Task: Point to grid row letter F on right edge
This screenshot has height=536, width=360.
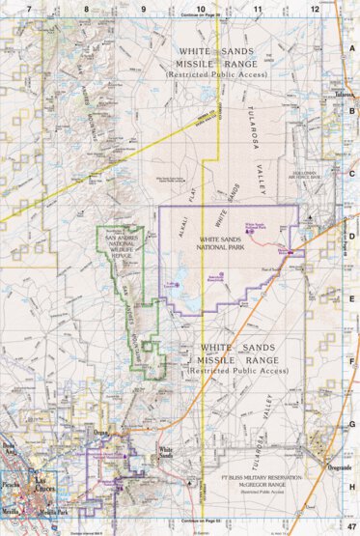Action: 352,362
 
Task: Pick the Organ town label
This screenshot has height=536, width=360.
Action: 101,433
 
